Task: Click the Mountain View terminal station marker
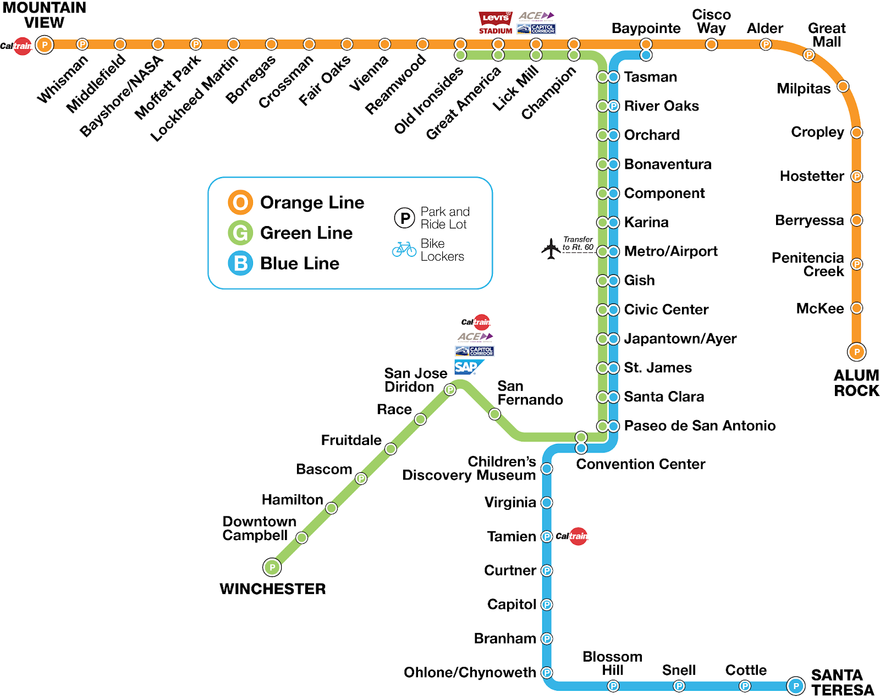pos(45,45)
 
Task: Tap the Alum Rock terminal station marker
pos(856,351)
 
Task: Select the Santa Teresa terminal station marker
pos(795,686)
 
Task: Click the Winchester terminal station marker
pos(272,567)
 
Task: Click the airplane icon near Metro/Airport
pos(551,249)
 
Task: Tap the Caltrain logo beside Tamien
pos(573,536)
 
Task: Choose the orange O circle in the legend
pos(240,202)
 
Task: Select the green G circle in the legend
pos(240,233)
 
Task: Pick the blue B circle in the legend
pos(240,263)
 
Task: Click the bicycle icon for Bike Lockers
pos(404,250)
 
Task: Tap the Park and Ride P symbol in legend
pos(404,218)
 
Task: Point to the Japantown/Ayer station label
pos(680,339)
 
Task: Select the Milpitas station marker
pos(843,86)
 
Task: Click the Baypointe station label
pos(646,28)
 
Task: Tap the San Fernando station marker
pos(494,414)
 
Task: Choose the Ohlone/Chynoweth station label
pos(470,673)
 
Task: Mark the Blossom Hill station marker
pos(613,686)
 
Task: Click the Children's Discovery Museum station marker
pos(547,469)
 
